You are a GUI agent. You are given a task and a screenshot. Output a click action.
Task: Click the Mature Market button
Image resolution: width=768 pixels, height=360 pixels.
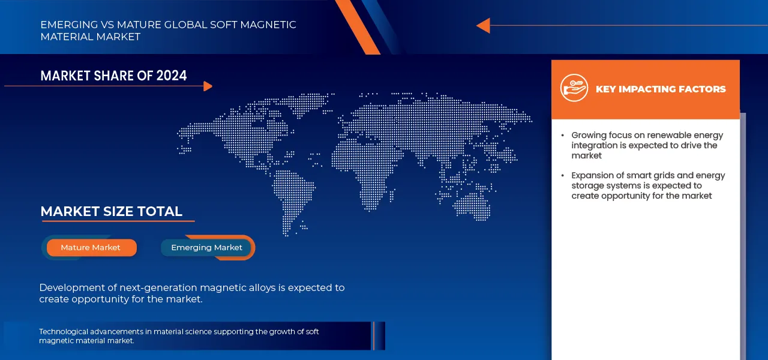point(91,247)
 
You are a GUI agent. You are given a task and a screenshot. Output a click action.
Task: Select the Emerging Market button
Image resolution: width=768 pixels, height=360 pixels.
point(206,247)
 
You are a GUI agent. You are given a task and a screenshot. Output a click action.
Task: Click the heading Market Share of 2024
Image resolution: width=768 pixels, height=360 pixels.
point(113,76)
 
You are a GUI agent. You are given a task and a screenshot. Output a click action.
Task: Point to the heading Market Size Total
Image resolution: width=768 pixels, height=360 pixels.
point(111,211)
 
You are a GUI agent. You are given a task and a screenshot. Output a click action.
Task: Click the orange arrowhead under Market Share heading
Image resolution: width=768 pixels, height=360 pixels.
point(208,86)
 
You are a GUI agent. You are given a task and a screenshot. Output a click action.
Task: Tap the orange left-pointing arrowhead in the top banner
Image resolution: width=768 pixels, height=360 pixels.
point(483,26)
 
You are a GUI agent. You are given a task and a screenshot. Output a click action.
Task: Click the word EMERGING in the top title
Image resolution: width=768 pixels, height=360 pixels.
point(67,25)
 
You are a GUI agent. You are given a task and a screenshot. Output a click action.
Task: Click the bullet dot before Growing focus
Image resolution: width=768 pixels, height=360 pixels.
point(562,136)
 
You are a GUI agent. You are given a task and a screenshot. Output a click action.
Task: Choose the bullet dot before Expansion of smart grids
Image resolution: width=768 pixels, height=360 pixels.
point(562,176)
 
